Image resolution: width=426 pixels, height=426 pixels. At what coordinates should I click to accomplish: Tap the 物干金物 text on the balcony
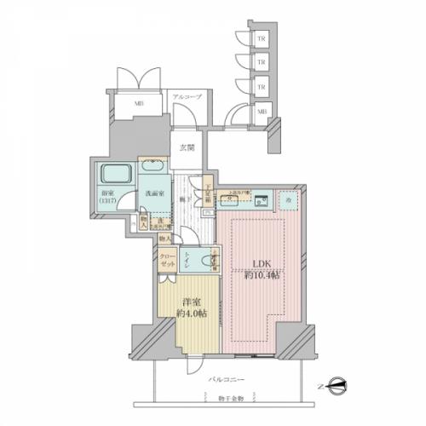click(228, 398)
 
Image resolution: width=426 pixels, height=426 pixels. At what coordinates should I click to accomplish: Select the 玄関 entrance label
click(187, 147)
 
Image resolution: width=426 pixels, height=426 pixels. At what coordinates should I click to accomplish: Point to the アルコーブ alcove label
click(187, 98)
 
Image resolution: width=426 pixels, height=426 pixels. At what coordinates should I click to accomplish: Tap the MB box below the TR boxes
click(262, 111)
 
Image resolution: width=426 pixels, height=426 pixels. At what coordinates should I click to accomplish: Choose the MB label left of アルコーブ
click(137, 105)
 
